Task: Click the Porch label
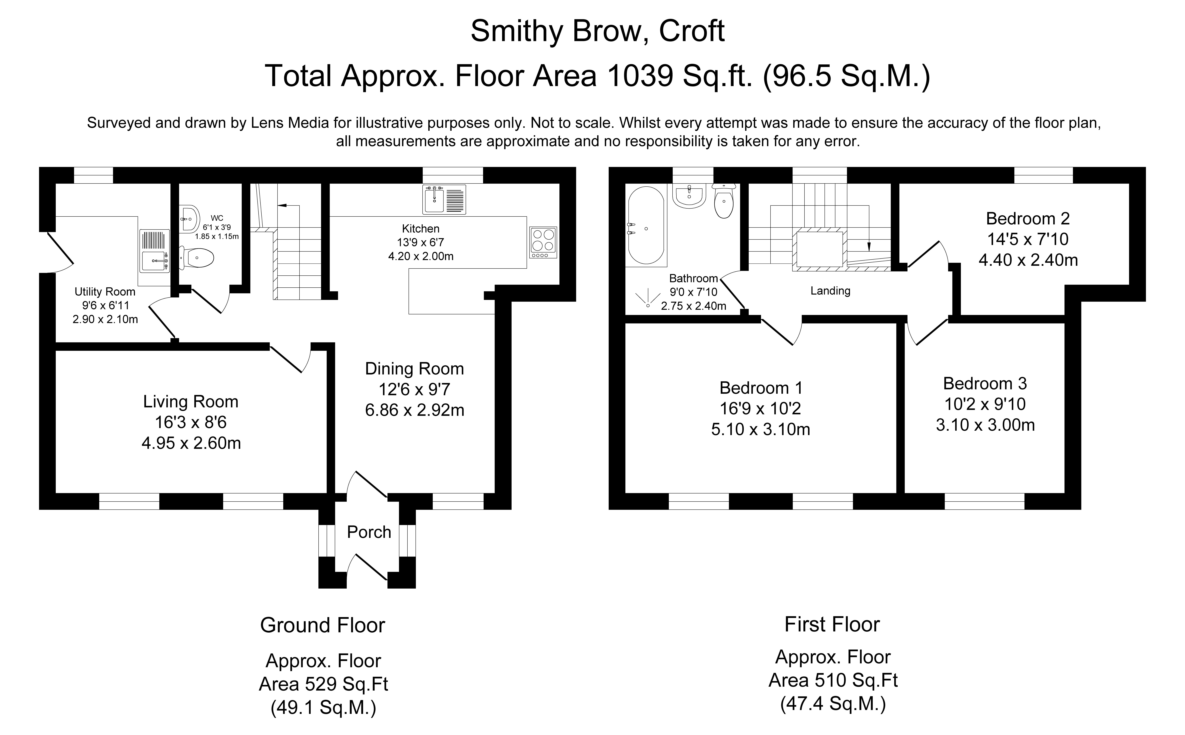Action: point(369,532)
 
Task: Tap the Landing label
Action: point(830,291)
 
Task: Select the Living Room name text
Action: point(191,401)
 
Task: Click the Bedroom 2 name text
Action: point(1028,219)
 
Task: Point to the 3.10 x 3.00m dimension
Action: point(985,425)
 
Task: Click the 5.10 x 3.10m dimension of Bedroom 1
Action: point(760,429)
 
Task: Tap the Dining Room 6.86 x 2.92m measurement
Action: point(414,410)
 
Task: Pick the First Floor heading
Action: point(832,624)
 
